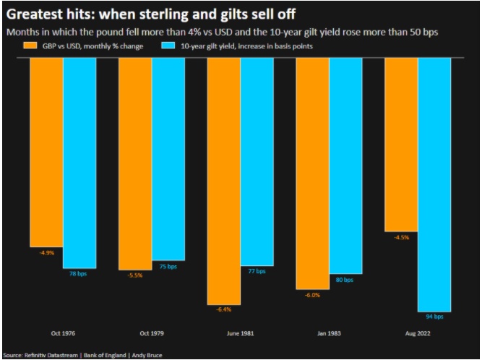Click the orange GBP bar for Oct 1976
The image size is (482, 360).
[x=46, y=152]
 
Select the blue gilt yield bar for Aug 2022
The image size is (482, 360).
[x=434, y=184]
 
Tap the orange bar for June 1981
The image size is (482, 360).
[x=223, y=181]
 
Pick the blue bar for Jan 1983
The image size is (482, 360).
[x=345, y=166]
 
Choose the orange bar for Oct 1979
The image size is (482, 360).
[x=135, y=163]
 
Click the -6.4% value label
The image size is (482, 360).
[x=223, y=309]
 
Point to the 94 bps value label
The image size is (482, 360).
[x=434, y=317]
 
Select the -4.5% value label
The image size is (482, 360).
[x=401, y=236]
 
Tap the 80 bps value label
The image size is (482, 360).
[x=345, y=279]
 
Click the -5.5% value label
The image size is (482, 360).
[x=135, y=275]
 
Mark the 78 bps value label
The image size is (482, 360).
[x=79, y=274]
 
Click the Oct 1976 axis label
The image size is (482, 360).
[x=63, y=334]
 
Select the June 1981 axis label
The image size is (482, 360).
[x=240, y=334]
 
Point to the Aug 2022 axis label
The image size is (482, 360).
[x=418, y=334]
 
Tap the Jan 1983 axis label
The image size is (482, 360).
[x=329, y=334]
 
